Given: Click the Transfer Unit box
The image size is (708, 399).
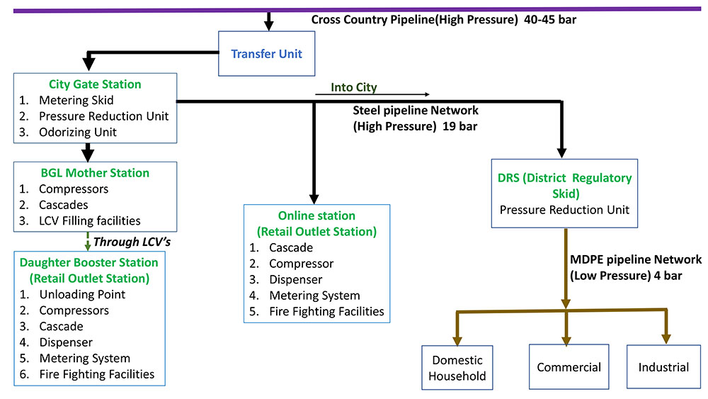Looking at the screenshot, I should [266, 53].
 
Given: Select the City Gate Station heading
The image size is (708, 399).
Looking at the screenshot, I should [95, 84].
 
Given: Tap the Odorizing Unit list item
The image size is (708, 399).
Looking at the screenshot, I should [78, 132].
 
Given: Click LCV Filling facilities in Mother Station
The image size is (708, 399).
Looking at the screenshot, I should [89, 220].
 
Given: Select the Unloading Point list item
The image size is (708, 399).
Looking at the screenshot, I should [82, 294].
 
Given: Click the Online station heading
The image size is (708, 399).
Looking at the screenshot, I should [316, 215].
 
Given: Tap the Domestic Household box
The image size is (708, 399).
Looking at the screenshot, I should [457, 368].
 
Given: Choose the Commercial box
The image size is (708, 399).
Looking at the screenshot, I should [569, 367].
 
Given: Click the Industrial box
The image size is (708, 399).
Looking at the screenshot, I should [663, 367].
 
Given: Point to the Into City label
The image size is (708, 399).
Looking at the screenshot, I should [354, 88].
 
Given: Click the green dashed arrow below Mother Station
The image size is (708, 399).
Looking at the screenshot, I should [87, 240].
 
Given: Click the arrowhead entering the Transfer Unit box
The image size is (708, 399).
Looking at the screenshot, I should [268, 25].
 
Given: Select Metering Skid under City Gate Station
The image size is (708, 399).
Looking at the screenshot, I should [76, 101].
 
